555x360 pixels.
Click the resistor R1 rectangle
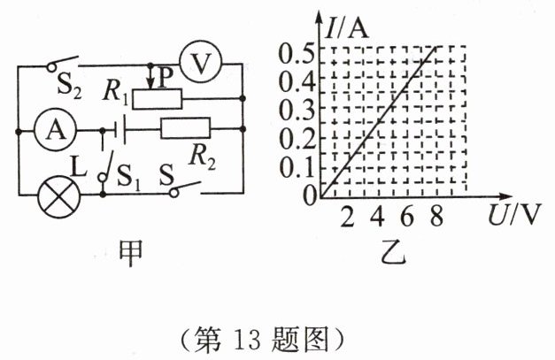(158, 98)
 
